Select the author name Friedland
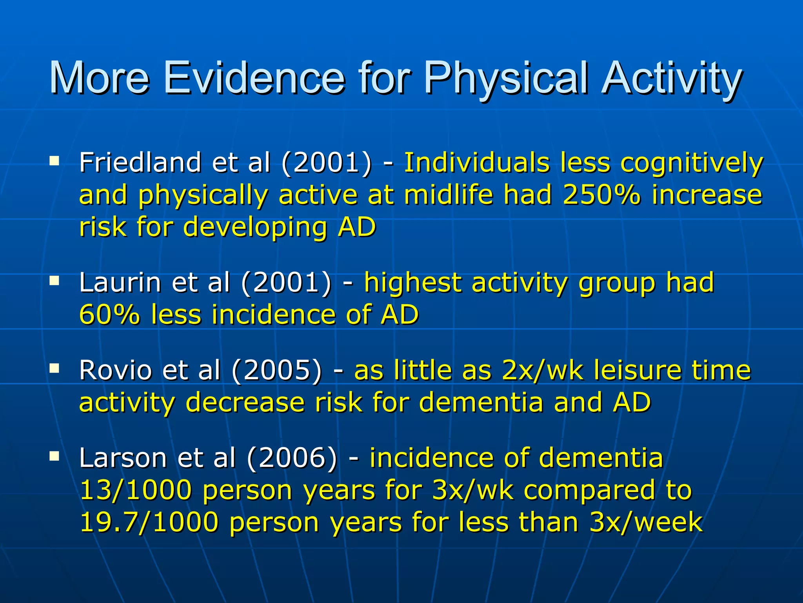[x=140, y=162]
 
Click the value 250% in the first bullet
[x=601, y=194]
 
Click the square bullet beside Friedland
[x=54, y=160]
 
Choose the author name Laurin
[x=119, y=282]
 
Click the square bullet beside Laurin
[x=54, y=280]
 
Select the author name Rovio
[x=115, y=370]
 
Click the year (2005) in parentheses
[x=277, y=370]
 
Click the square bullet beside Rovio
[x=54, y=368]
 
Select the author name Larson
[x=122, y=458]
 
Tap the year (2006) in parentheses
[x=292, y=458]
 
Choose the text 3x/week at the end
[x=646, y=522]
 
